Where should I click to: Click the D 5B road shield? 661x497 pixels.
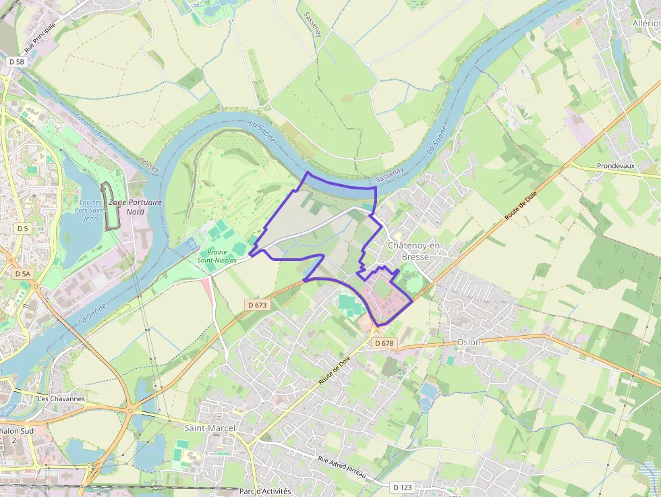pyautogui.click(x=16, y=61)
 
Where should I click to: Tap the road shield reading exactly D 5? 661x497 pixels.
pyautogui.click(x=23, y=229)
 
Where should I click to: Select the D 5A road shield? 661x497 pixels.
pyautogui.click(x=22, y=274)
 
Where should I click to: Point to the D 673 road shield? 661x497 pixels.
pyautogui.click(x=258, y=305)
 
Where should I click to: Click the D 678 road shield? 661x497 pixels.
pyautogui.click(x=383, y=343)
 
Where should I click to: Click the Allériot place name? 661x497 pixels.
pyautogui.click(x=645, y=23)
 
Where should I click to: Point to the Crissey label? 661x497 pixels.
pyautogui.click(x=149, y=165)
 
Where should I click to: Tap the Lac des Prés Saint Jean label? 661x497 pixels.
pyautogui.click(x=90, y=210)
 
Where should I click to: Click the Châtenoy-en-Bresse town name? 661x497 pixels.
pyautogui.click(x=415, y=251)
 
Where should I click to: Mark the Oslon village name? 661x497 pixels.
pyautogui.click(x=469, y=342)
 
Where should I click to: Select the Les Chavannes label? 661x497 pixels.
pyautogui.click(x=61, y=399)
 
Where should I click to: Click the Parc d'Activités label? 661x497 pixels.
pyautogui.click(x=265, y=492)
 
